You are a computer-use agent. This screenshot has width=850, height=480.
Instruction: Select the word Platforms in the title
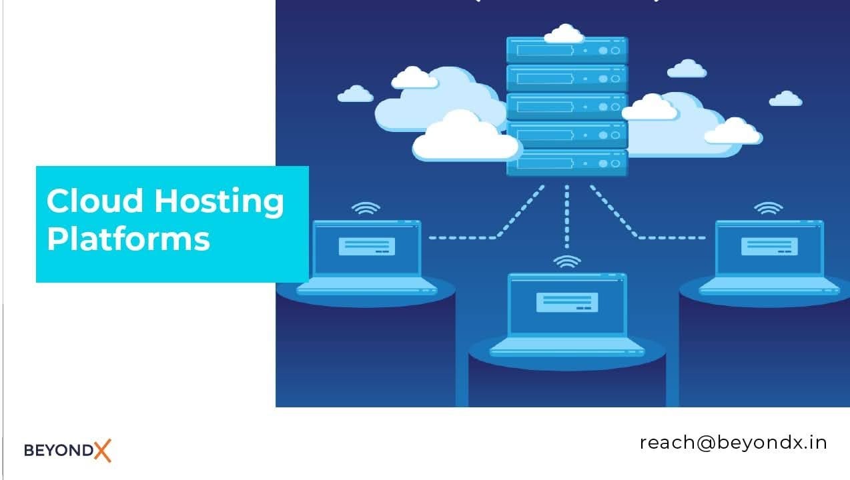click(128, 238)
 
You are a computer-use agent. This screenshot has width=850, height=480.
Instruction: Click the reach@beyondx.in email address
click(733, 442)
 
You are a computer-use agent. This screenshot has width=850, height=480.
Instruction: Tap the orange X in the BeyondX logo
click(102, 450)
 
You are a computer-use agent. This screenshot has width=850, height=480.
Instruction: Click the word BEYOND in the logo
click(59, 451)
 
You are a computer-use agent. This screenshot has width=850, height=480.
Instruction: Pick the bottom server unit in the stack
click(566, 163)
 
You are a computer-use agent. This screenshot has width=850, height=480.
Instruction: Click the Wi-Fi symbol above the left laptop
click(366, 209)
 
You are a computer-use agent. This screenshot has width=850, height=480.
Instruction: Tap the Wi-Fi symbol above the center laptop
click(566, 261)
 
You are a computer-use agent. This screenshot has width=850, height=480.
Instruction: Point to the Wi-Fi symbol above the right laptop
click(768, 209)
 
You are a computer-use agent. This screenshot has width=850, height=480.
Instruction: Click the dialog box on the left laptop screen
click(366, 246)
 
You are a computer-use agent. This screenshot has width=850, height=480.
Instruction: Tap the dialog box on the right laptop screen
click(769, 246)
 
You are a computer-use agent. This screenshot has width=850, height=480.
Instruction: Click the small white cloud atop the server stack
click(564, 34)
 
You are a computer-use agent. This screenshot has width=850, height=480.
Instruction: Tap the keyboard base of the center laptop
click(566, 347)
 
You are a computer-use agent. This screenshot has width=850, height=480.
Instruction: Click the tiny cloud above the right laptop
click(785, 99)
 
